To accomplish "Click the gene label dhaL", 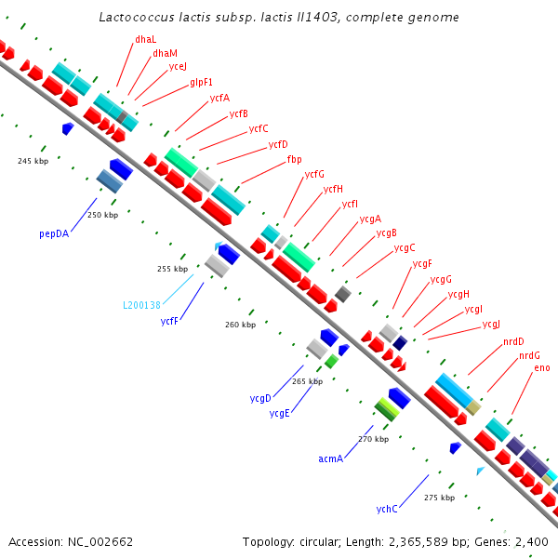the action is (146, 39).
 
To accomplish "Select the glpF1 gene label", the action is (201, 83).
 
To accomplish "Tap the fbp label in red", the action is (294, 159).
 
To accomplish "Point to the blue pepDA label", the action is (54, 233).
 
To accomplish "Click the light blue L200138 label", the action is (141, 305).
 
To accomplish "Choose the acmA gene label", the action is (330, 458).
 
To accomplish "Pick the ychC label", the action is (387, 509).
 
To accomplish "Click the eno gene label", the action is (542, 368).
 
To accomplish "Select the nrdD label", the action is (513, 341).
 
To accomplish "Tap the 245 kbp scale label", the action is (33, 161).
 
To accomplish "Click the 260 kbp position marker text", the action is (240, 325).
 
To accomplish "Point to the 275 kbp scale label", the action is (440, 498).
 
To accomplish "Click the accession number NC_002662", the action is (100, 541).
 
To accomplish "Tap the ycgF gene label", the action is (422, 264).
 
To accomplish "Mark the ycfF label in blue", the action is (169, 321).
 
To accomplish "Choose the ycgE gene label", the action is (279, 413).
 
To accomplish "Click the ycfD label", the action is (278, 144).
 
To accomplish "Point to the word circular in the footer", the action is (318, 541).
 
